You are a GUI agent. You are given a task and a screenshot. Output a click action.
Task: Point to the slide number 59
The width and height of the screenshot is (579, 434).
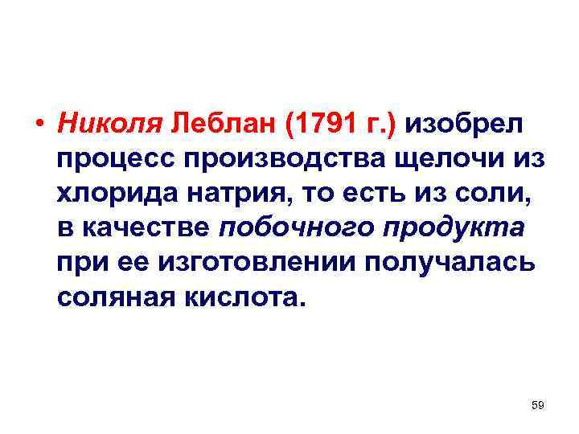coord(537,406)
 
